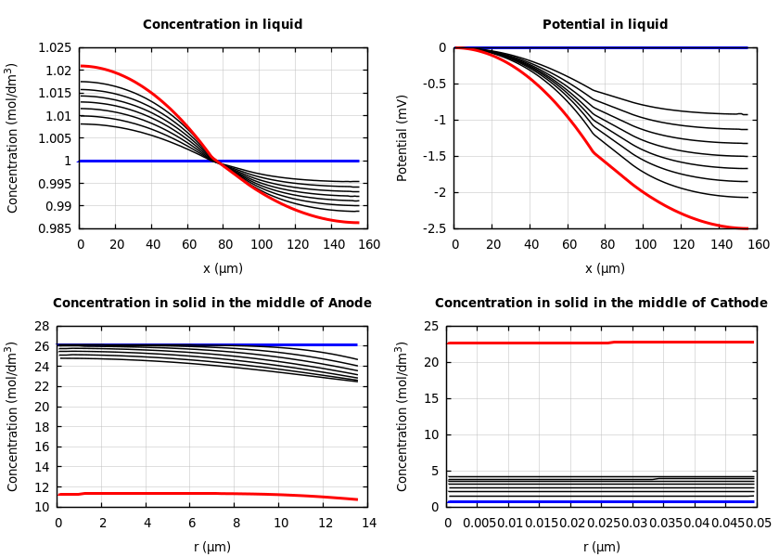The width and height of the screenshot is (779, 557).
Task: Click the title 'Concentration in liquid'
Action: [x=223, y=25]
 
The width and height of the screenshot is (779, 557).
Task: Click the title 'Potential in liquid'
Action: [x=605, y=25]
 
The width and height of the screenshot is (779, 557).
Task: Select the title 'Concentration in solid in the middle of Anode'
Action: [x=212, y=304]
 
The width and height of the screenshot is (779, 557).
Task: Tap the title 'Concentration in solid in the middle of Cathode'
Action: [x=601, y=304]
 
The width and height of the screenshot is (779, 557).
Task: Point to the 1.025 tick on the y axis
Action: [x=53, y=48]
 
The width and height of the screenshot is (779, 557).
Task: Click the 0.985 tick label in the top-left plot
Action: [x=53, y=228]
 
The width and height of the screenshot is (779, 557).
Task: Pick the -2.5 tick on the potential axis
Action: [x=433, y=228]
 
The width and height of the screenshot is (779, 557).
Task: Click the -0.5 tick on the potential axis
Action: [x=433, y=84]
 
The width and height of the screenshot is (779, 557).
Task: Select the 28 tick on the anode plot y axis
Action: [x=41, y=327]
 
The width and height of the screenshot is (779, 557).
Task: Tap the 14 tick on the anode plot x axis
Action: [x=368, y=524]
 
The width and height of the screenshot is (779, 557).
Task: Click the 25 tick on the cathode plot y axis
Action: [x=430, y=327]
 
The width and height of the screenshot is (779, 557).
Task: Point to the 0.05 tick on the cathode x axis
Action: [x=758, y=524]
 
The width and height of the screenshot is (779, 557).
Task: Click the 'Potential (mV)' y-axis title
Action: [x=402, y=137]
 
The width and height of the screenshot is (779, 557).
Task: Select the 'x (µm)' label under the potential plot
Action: [x=605, y=269]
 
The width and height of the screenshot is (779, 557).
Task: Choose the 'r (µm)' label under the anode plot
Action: [x=212, y=548]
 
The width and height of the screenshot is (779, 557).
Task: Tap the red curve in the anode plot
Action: [x=185, y=493]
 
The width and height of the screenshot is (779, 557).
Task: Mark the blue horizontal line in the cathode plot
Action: [x=603, y=502]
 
